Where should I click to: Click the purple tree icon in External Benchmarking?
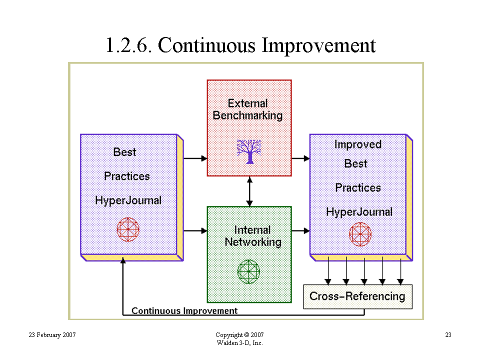(x=249, y=151)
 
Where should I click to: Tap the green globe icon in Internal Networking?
(x=249, y=271)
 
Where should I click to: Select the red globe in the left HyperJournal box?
(x=128, y=229)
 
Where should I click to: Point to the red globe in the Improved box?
(x=360, y=234)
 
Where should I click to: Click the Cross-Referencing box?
(x=357, y=296)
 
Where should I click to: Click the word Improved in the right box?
(x=358, y=144)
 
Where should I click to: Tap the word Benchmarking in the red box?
(x=247, y=115)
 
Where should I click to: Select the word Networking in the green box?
(x=253, y=242)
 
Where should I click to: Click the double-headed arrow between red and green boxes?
(x=249, y=191)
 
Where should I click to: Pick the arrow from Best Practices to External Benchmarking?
(x=195, y=158)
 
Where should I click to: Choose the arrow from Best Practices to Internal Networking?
(x=195, y=230)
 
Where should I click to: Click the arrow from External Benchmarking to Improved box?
(x=300, y=158)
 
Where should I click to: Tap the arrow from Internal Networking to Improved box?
(x=300, y=230)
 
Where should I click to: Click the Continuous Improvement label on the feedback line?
(x=184, y=310)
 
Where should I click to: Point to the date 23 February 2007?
(x=52, y=335)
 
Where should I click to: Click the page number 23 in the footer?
(x=448, y=335)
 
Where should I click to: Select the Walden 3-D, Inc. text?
(x=239, y=343)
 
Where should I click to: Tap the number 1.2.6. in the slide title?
(x=128, y=45)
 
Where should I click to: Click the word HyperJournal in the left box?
(x=128, y=200)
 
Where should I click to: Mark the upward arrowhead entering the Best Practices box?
(x=123, y=260)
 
